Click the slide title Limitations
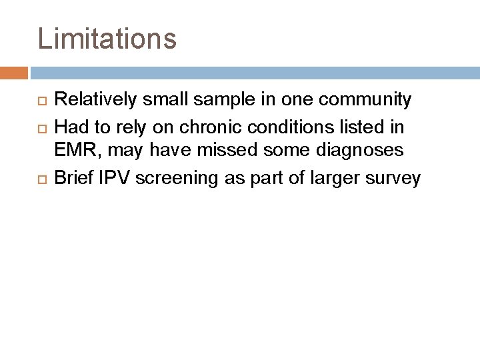[x=107, y=38]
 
